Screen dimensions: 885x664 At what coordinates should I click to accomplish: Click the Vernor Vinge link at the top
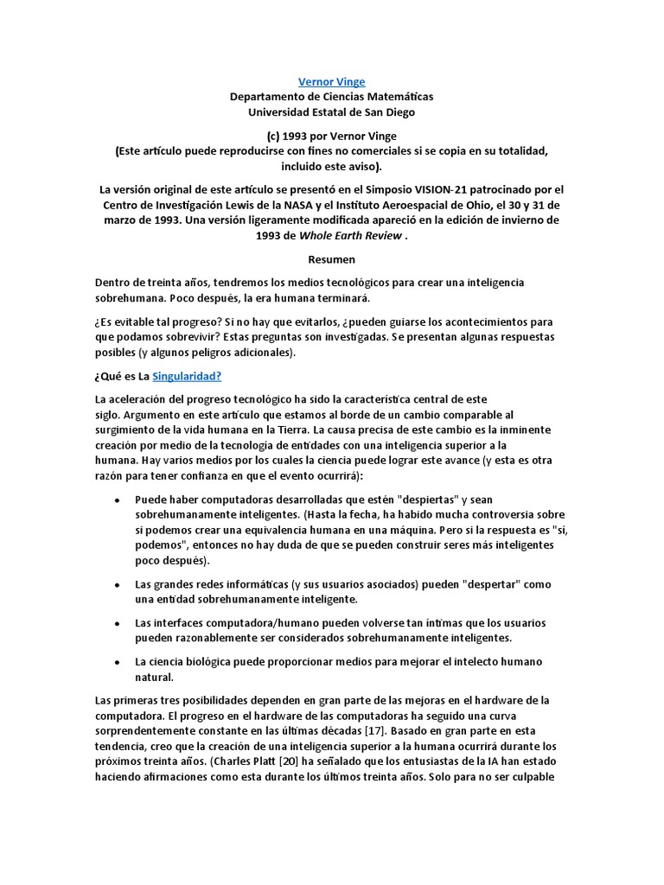pos(331,82)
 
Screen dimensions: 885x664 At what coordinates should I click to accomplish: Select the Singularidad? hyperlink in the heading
pos(188,376)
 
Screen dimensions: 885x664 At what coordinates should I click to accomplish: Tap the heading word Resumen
pos(331,258)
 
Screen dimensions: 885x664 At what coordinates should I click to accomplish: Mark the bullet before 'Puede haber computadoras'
pos(117,500)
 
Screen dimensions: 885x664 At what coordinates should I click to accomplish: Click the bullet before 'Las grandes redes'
pos(117,584)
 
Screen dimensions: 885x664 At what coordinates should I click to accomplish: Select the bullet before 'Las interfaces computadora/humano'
pos(117,623)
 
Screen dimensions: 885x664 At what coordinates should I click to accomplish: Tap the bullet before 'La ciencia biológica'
pos(117,662)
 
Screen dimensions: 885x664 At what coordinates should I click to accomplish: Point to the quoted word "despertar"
pos(492,583)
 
